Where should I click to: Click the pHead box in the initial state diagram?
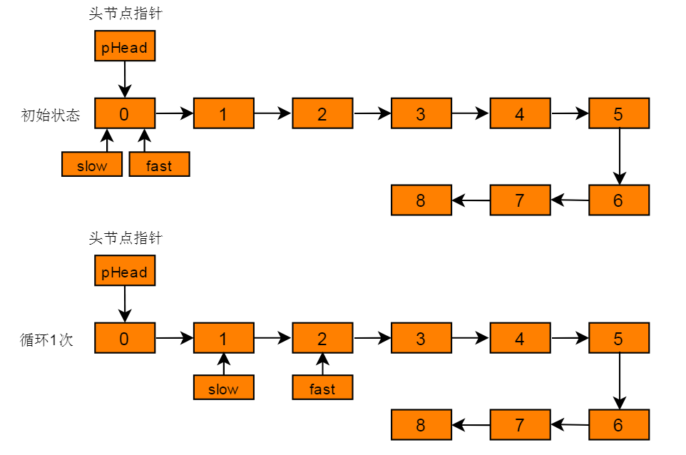[125, 47]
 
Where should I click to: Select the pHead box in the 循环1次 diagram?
[125, 272]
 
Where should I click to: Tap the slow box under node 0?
[92, 165]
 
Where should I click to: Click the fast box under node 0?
[159, 165]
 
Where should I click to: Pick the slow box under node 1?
[223, 389]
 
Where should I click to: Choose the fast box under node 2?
[322, 389]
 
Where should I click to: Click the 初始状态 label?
[51, 115]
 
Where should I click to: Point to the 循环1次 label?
[46, 339]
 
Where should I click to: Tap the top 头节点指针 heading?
[125, 14]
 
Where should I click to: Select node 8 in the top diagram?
[421, 200]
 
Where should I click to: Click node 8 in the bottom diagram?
[421, 425]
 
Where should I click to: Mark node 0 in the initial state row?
[125, 114]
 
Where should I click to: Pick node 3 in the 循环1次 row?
[421, 339]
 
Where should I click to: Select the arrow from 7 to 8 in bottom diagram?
[471, 426]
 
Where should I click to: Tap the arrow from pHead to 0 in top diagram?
[125, 79]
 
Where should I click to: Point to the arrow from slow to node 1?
[223, 364]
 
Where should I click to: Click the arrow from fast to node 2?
[322, 364]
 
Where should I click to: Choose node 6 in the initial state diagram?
[618, 200]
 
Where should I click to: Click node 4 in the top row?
[520, 114]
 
